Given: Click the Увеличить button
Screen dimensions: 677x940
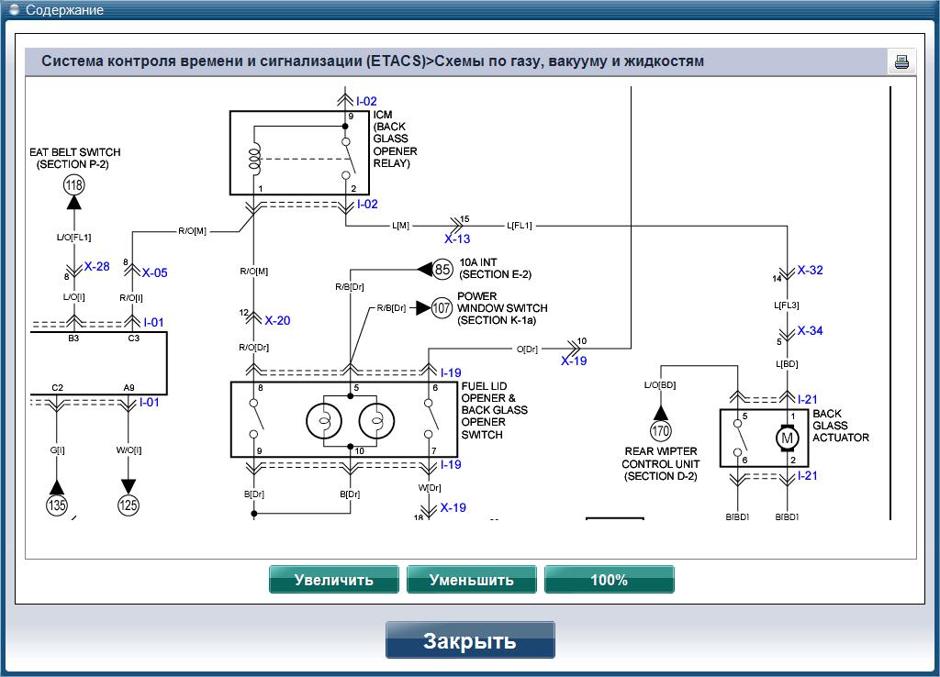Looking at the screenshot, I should click(333, 580).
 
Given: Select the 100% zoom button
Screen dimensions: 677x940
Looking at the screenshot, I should click(609, 580).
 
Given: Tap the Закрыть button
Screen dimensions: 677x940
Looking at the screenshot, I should click(470, 640).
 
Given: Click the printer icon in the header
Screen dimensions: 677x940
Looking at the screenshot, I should click(901, 62).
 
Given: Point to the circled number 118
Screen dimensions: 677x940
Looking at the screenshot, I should click(73, 185).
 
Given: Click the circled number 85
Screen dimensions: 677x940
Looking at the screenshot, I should click(443, 269).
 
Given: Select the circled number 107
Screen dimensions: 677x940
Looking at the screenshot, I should click(442, 307).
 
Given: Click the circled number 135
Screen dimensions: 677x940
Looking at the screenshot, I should click(57, 504).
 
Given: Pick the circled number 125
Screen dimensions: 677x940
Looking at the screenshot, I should click(129, 504).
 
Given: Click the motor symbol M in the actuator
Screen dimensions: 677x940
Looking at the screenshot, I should click(787, 438).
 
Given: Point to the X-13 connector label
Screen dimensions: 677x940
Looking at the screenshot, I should click(457, 239).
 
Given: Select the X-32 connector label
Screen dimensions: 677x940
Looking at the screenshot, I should click(810, 271).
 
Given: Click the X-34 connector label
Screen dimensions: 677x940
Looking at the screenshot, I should click(810, 331).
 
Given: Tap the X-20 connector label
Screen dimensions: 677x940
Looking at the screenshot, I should click(277, 321).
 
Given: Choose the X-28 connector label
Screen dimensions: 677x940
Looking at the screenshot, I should click(96, 267).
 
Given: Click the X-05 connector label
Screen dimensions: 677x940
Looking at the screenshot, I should click(154, 272).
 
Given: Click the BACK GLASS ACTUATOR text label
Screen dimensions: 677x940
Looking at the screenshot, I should click(840, 426).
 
